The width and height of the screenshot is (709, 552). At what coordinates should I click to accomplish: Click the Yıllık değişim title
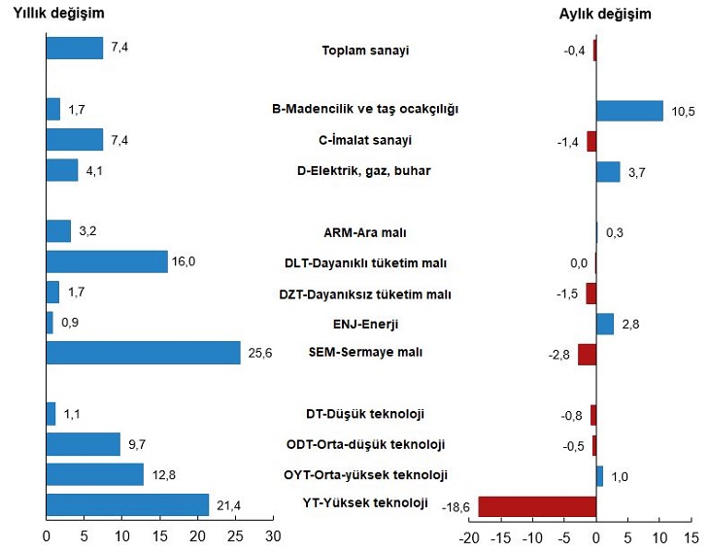pos(58,14)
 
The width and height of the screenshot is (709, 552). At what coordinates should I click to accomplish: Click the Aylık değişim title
pos(605,14)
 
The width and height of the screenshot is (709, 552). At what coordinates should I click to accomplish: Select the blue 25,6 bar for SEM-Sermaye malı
pos(144,353)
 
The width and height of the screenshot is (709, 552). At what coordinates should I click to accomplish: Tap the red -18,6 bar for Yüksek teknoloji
pos(537,506)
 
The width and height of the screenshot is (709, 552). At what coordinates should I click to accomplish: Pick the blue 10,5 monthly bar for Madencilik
pos(629,111)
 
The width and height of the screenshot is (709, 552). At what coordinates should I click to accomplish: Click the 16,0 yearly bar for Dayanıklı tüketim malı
pos(107,261)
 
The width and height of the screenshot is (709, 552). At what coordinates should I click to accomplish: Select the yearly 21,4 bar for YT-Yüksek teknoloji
pos(127,505)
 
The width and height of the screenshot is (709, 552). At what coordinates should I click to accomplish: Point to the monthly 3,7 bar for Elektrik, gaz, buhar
pos(608,171)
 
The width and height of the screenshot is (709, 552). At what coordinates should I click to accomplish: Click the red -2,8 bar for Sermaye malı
pos(587,354)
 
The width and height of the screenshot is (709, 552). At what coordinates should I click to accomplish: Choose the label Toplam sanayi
pos(365,51)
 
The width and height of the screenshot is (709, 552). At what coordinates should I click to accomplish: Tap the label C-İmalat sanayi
pos(365,140)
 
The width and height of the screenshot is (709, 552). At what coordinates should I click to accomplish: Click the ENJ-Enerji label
pos(365,324)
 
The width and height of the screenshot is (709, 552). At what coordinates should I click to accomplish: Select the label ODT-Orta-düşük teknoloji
pos(365,445)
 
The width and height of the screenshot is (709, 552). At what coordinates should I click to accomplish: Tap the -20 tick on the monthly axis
pos(469,535)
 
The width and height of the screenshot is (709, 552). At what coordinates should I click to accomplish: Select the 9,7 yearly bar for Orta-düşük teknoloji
pos(84,444)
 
